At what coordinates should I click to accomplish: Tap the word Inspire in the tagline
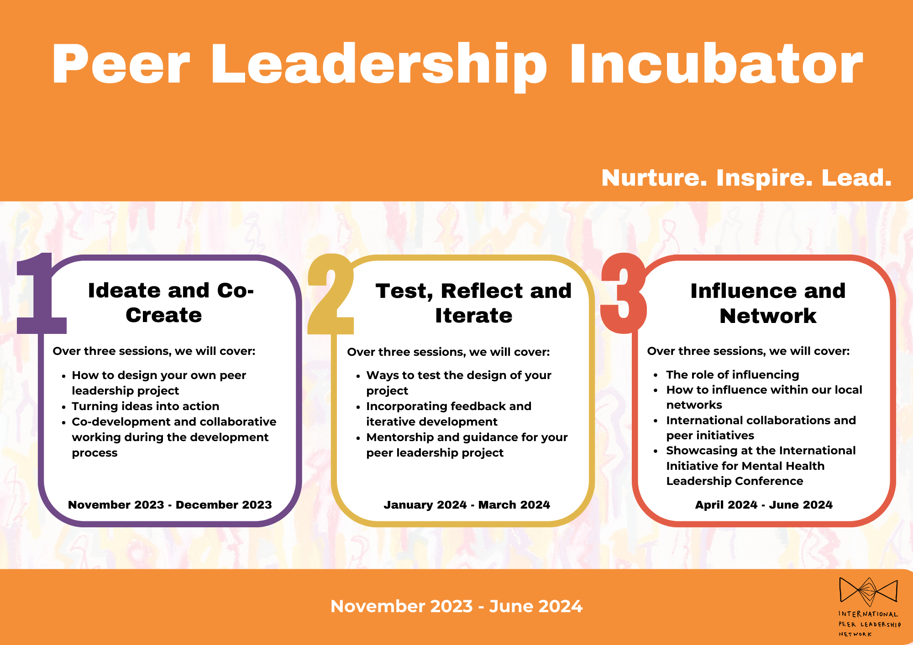click(x=764, y=178)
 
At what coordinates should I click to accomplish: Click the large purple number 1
click(x=41, y=294)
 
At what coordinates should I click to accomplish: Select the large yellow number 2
click(x=331, y=294)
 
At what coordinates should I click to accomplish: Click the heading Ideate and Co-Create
click(x=170, y=303)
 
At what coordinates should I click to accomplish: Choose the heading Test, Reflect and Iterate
click(x=473, y=303)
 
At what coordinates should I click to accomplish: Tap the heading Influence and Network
click(x=768, y=303)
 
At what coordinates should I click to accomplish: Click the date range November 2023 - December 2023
click(x=170, y=505)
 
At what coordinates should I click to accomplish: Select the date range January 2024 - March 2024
click(x=467, y=505)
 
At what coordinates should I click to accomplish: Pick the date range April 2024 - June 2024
click(x=764, y=505)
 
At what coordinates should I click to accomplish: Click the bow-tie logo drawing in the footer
click(x=868, y=596)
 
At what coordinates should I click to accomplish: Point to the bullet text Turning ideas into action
click(x=145, y=406)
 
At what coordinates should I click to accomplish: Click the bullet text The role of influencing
click(x=732, y=375)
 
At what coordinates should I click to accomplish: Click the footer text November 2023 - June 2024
click(x=456, y=606)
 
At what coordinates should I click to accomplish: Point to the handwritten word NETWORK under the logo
click(x=855, y=634)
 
